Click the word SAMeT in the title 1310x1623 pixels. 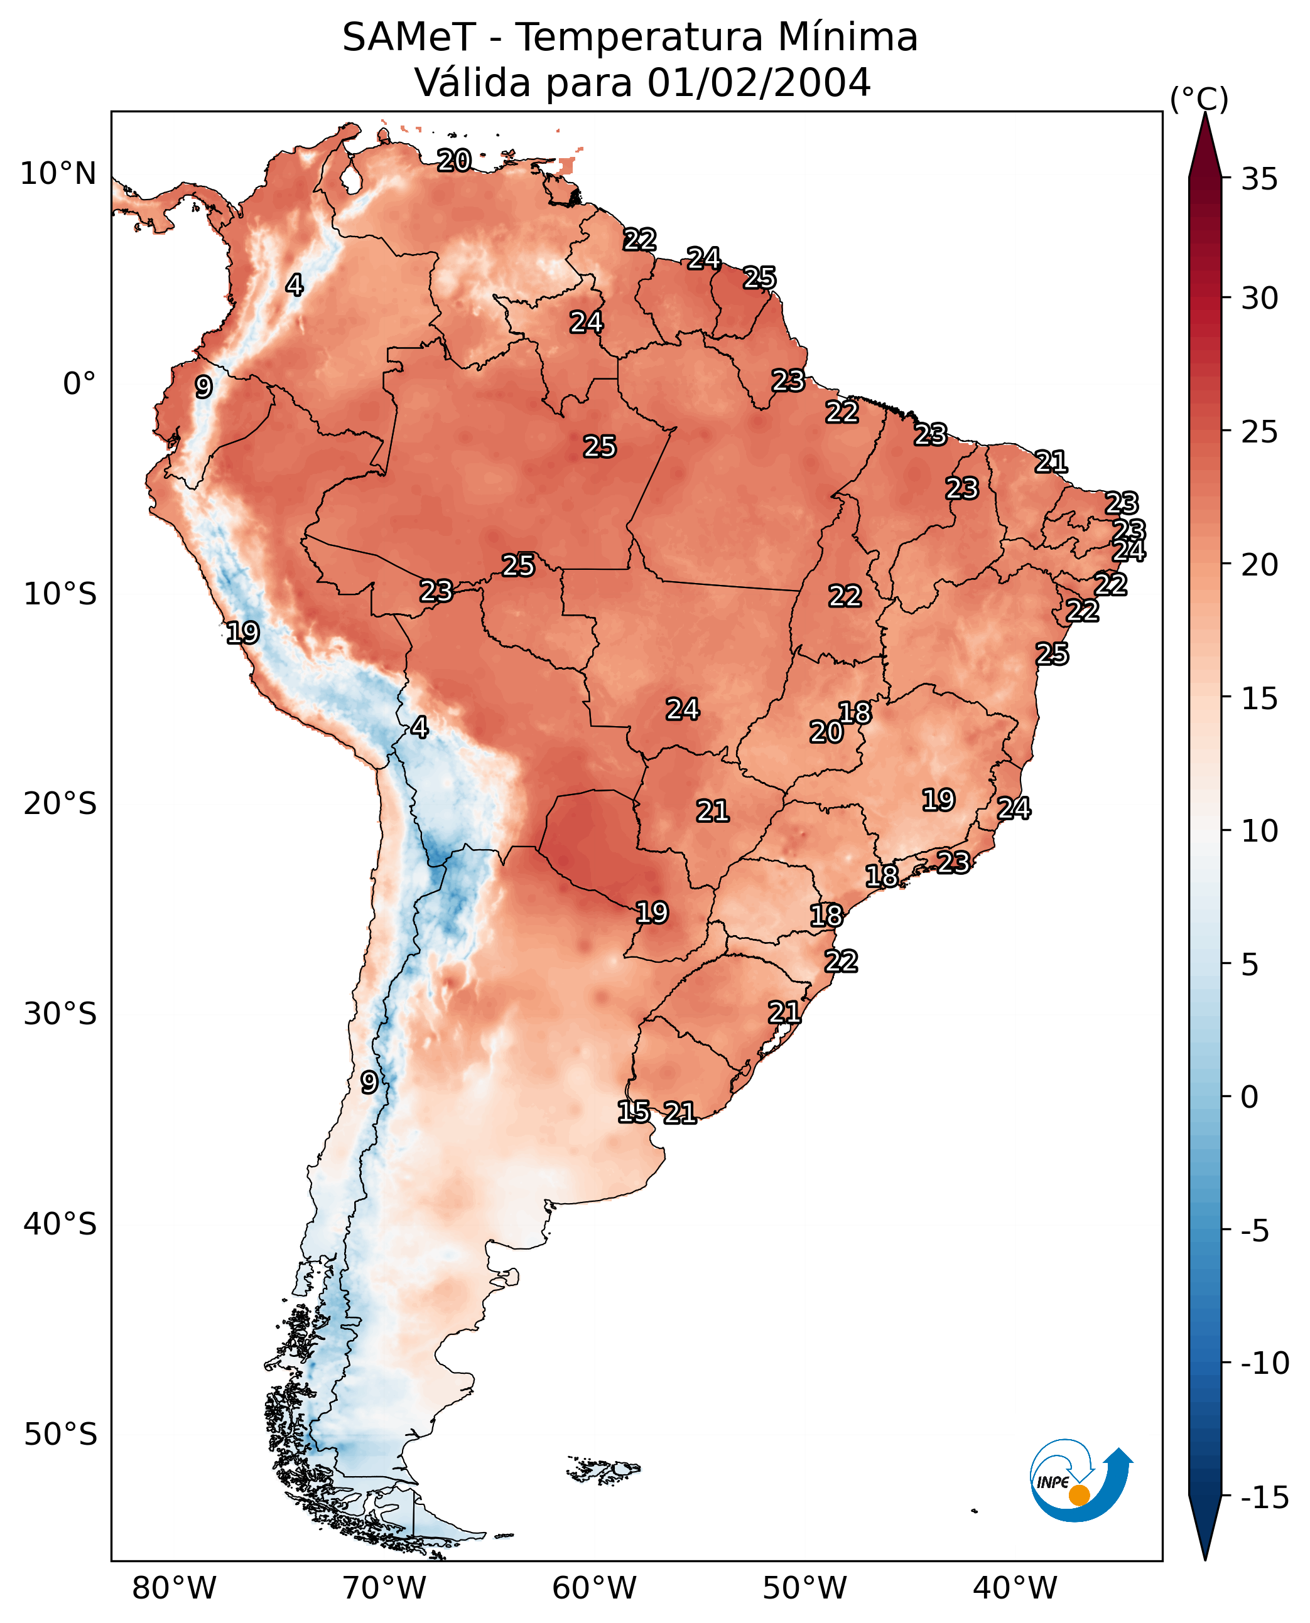point(408,38)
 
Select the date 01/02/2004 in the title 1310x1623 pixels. point(759,82)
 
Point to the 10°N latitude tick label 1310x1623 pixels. point(58,174)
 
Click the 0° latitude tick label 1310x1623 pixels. point(79,384)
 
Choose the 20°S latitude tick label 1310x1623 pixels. point(60,804)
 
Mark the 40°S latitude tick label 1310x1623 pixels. point(60,1224)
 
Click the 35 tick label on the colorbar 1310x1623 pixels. point(1259,179)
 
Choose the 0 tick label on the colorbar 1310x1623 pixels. point(1250,1097)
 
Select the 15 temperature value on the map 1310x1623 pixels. point(633,1111)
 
